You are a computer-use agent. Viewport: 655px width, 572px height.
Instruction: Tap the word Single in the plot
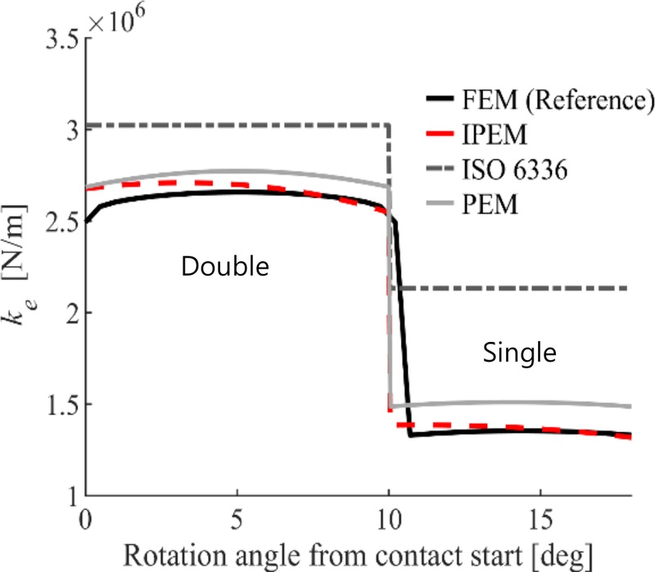click(519, 353)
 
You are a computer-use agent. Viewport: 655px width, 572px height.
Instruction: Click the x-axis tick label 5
click(237, 520)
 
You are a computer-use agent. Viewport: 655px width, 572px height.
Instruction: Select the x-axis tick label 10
click(389, 520)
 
